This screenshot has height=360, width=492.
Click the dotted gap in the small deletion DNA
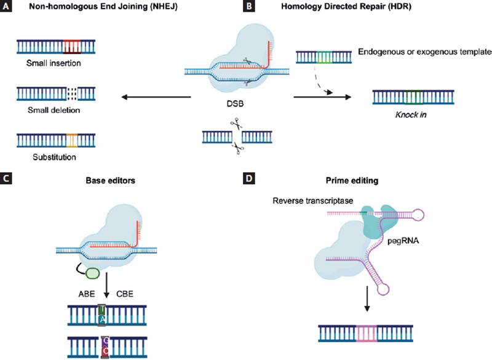(x=72, y=92)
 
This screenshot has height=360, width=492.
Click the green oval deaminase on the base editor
(x=93, y=273)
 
